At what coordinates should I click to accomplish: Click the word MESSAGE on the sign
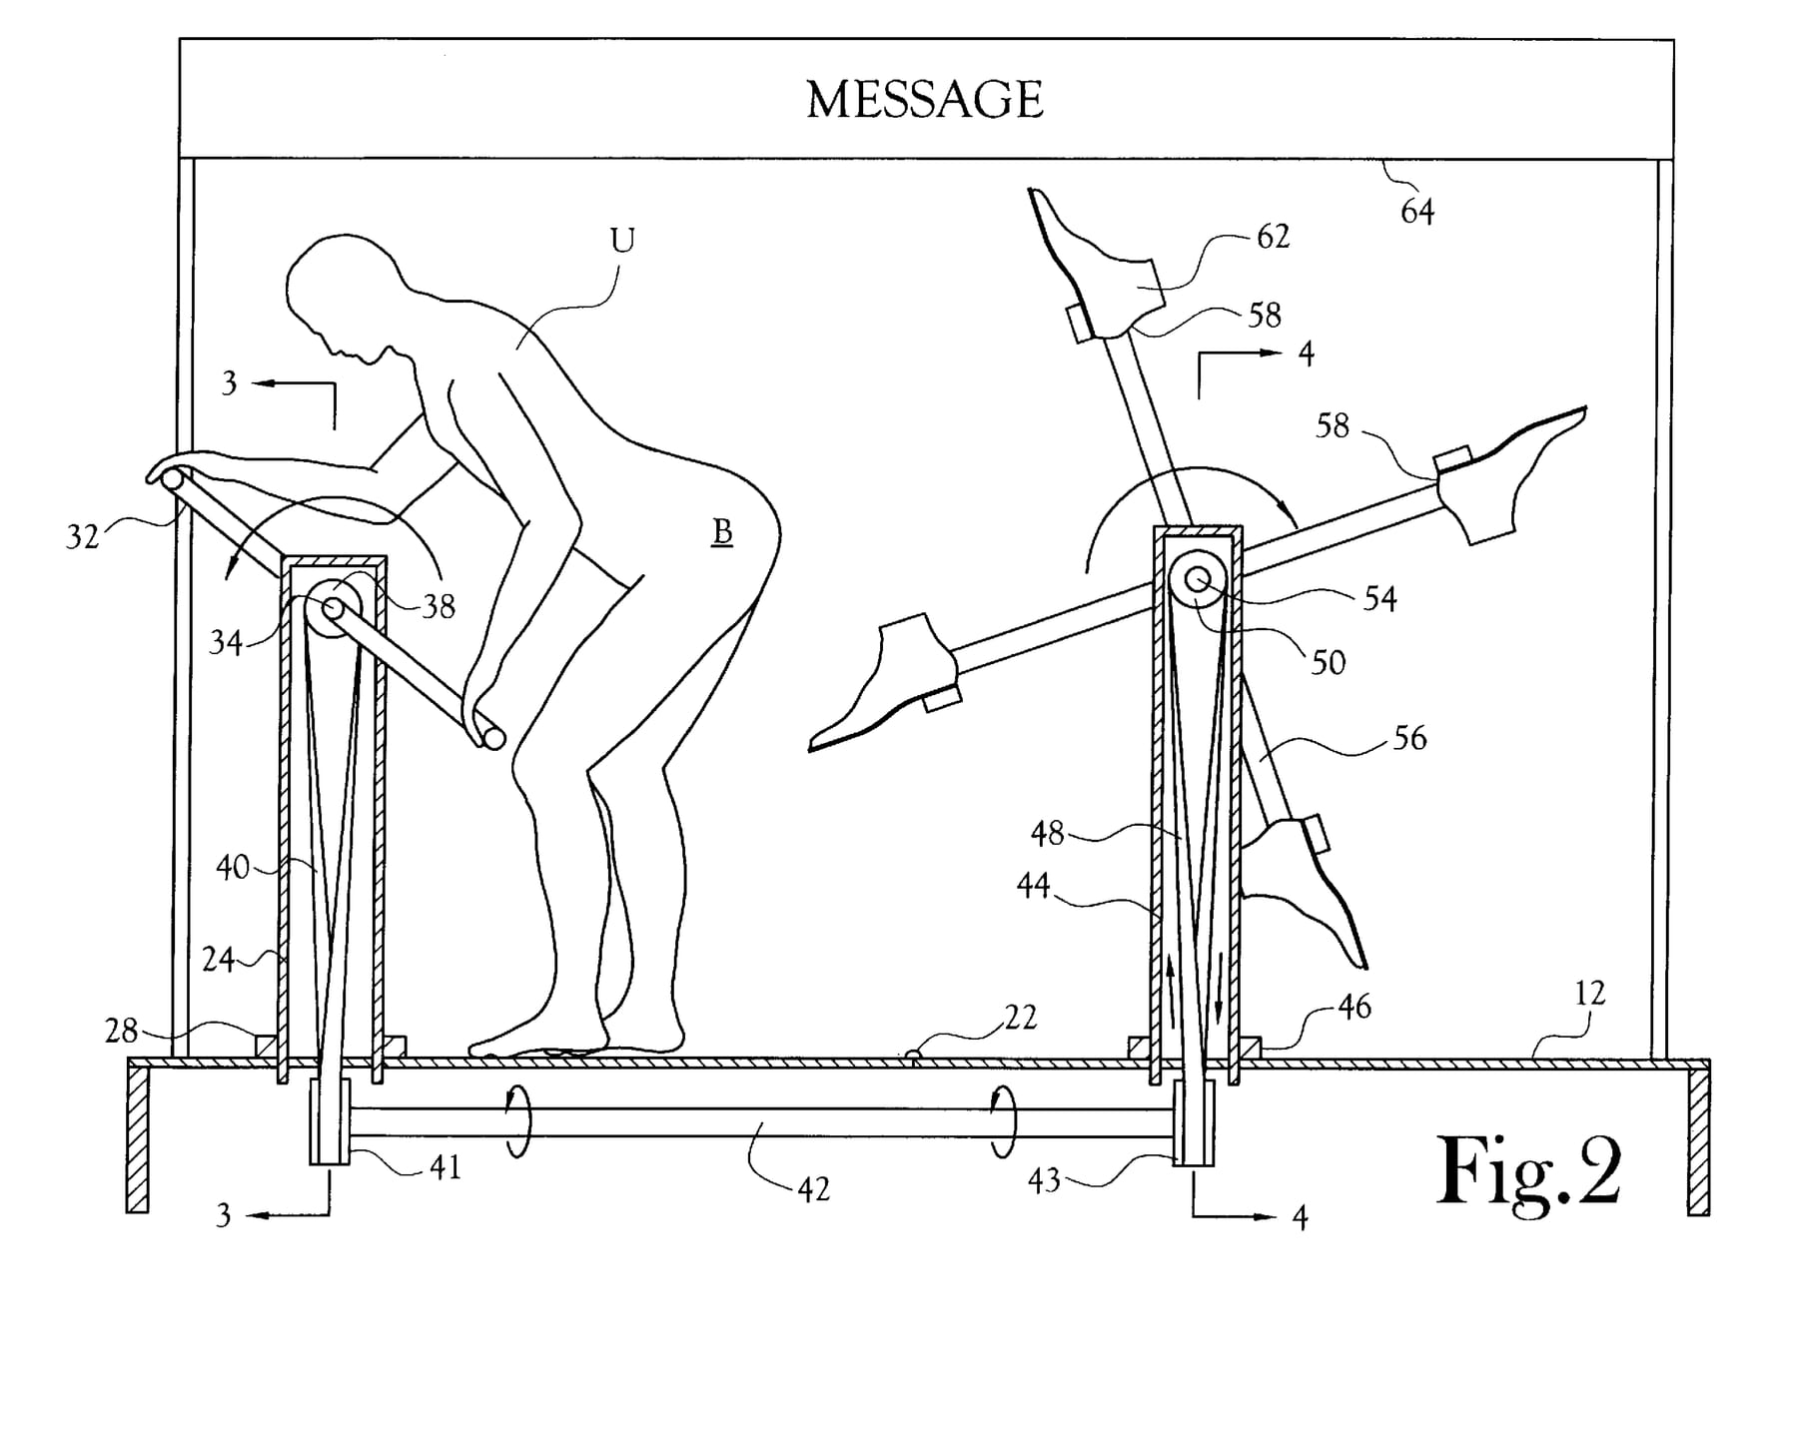click(x=924, y=100)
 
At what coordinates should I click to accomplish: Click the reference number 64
click(x=1417, y=212)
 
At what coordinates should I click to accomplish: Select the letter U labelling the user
click(x=621, y=241)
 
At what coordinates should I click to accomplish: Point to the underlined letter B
click(x=721, y=533)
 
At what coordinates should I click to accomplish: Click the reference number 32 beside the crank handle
click(x=83, y=537)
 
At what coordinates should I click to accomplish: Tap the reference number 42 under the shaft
click(x=814, y=1189)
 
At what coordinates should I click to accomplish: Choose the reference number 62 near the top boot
click(x=1274, y=237)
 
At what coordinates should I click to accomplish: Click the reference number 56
click(x=1409, y=739)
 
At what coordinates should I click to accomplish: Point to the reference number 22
click(x=1021, y=1018)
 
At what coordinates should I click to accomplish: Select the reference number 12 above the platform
click(x=1589, y=994)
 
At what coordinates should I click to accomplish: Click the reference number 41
click(x=446, y=1166)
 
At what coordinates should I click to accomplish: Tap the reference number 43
click(x=1045, y=1181)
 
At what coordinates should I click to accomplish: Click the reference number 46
click(x=1354, y=1008)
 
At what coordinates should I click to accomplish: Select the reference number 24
click(x=219, y=960)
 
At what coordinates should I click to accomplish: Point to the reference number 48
click(x=1048, y=833)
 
